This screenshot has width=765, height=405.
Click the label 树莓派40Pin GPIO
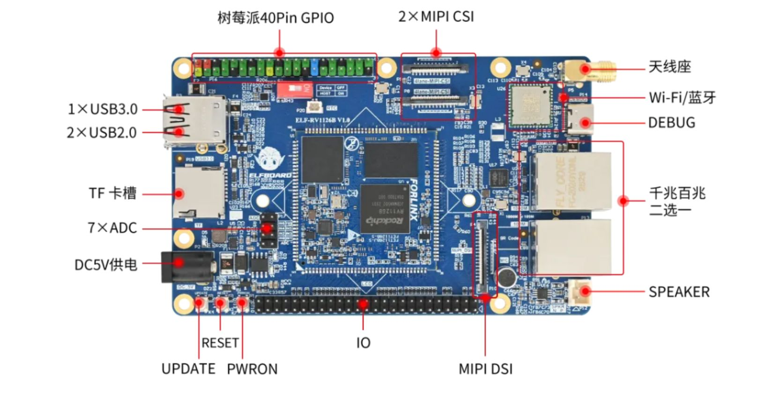click(275, 18)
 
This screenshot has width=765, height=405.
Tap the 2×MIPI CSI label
click(436, 16)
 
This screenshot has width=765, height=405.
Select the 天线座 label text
click(669, 66)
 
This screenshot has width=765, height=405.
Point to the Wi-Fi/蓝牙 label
click(682, 97)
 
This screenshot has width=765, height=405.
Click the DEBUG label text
click(671, 123)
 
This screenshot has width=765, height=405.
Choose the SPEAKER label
click(679, 292)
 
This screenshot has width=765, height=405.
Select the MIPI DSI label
click(485, 369)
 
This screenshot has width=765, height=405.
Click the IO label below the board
click(363, 343)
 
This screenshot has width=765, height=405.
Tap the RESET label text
click(220, 343)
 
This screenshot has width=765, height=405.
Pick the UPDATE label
click(188, 369)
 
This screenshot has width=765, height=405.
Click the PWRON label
click(252, 369)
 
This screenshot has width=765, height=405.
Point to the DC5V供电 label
click(105, 265)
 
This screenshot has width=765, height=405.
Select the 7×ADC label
click(112, 228)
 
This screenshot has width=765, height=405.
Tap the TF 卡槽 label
click(112, 193)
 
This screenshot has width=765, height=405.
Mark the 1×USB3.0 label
click(103, 109)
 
